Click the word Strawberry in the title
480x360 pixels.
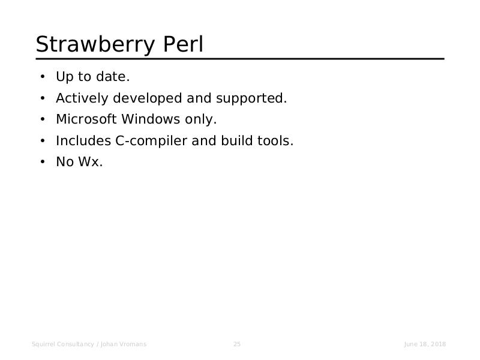click(95, 45)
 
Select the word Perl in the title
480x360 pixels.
click(183, 44)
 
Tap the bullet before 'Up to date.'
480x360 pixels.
click(43, 77)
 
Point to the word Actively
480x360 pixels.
click(82, 98)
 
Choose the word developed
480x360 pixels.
click(148, 98)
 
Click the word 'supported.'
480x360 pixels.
click(251, 98)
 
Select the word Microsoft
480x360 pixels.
click(86, 119)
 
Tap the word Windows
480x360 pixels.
click(151, 119)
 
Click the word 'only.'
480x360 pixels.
click(201, 119)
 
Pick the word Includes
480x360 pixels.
click(83, 140)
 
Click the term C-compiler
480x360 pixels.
click(151, 141)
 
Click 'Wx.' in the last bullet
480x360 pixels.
click(91, 161)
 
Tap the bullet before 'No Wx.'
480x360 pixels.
click(43, 162)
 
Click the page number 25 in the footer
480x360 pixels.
click(237, 344)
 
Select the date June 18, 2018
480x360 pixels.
click(425, 344)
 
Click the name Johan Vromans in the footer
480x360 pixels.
click(124, 344)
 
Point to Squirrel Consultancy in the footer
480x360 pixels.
click(63, 344)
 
